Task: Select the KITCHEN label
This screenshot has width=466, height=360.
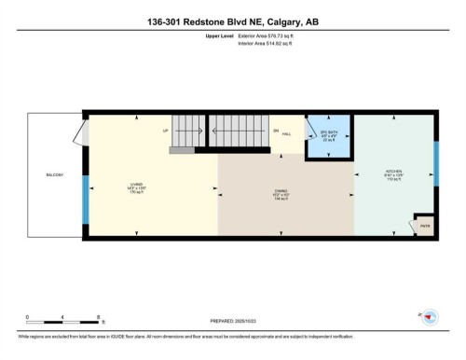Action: (393, 173)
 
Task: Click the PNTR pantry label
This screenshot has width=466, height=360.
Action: (424, 225)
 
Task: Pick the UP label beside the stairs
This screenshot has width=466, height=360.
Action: (165, 131)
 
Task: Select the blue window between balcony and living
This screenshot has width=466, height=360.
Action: (86, 205)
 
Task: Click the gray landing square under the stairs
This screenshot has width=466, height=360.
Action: (182, 148)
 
